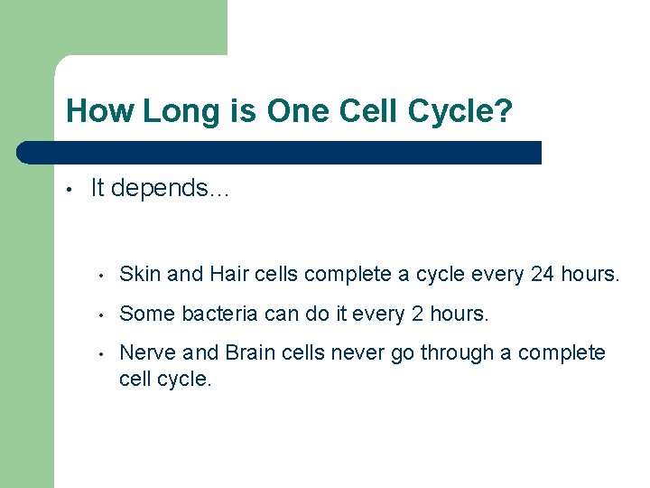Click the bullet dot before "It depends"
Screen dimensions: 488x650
(x=69, y=190)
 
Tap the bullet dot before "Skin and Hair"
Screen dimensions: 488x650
(x=105, y=276)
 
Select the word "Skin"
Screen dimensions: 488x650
(x=138, y=274)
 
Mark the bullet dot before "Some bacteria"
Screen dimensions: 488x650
(x=105, y=315)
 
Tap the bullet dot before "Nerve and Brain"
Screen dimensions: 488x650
(x=105, y=354)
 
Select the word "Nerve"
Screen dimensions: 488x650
(x=145, y=352)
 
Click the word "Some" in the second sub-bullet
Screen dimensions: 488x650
(x=147, y=314)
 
